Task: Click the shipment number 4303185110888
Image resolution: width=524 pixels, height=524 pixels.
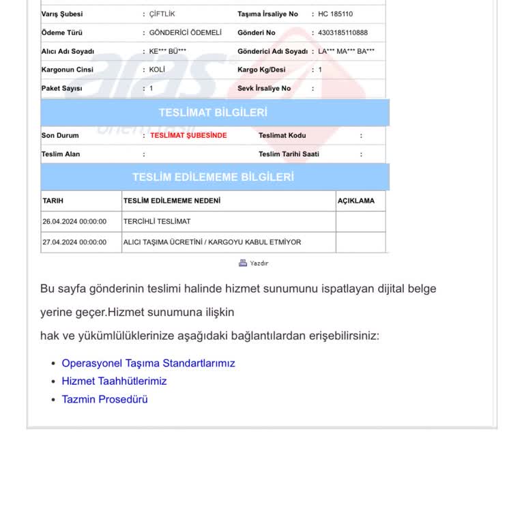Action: pos(343,33)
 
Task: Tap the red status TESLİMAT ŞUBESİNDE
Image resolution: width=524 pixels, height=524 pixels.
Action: pos(188,135)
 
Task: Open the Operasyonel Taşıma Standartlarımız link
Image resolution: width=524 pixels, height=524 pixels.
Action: pos(148,363)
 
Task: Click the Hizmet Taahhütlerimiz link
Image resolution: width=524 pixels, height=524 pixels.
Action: pos(114,381)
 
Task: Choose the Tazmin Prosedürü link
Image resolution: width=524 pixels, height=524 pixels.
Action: pos(104,399)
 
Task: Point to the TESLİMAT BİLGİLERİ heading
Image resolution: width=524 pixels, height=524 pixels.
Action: pos(213,113)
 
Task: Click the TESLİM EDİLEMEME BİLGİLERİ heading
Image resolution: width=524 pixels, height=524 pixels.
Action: pos(213,177)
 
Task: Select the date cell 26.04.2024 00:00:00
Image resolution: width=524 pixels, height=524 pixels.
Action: pos(74,222)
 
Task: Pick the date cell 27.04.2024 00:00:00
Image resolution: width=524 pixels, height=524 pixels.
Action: pos(74,242)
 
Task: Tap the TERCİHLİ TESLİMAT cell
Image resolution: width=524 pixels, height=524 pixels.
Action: pos(157,222)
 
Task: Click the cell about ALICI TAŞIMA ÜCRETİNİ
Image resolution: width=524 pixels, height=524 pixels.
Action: pos(212,242)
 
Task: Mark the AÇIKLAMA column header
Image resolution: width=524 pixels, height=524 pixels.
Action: pos(356,201)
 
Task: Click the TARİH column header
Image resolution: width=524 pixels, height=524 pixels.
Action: pos(53,201)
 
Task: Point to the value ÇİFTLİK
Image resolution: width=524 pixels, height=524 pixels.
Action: pos(162,14)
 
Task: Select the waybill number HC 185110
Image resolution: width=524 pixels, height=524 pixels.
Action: pos(336,14)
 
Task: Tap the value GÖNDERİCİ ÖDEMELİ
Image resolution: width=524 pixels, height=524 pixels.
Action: pos(186,33)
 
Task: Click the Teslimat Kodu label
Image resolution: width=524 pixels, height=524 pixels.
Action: pos(282,135)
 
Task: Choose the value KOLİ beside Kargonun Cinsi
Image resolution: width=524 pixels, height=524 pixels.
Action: pos(157,70)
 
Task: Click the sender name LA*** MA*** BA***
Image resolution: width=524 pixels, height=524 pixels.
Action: pos(346,51)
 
